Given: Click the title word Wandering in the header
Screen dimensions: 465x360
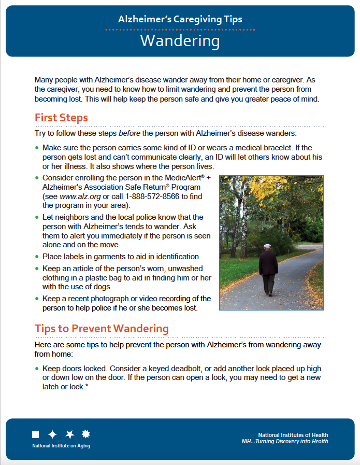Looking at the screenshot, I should click(180, 41).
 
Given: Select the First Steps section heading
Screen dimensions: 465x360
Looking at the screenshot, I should click(61, 117).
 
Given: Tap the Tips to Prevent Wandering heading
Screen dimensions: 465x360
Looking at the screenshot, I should click(102, 328).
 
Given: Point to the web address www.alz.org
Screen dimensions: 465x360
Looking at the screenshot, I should click(77, 197).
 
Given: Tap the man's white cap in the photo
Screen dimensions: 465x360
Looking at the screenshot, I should click(267, 246).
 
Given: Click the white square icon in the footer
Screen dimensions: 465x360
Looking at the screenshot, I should click(35, 434).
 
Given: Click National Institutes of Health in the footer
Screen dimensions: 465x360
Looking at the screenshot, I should click(293, 435).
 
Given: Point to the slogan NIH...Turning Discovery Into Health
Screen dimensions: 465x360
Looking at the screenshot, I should click(284, 442).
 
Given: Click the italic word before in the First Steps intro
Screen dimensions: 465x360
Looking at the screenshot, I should click(129, 133).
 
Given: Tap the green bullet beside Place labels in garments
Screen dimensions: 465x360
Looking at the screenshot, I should click(36, 257).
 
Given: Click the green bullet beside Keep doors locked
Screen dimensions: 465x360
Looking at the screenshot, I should click(36, 369).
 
